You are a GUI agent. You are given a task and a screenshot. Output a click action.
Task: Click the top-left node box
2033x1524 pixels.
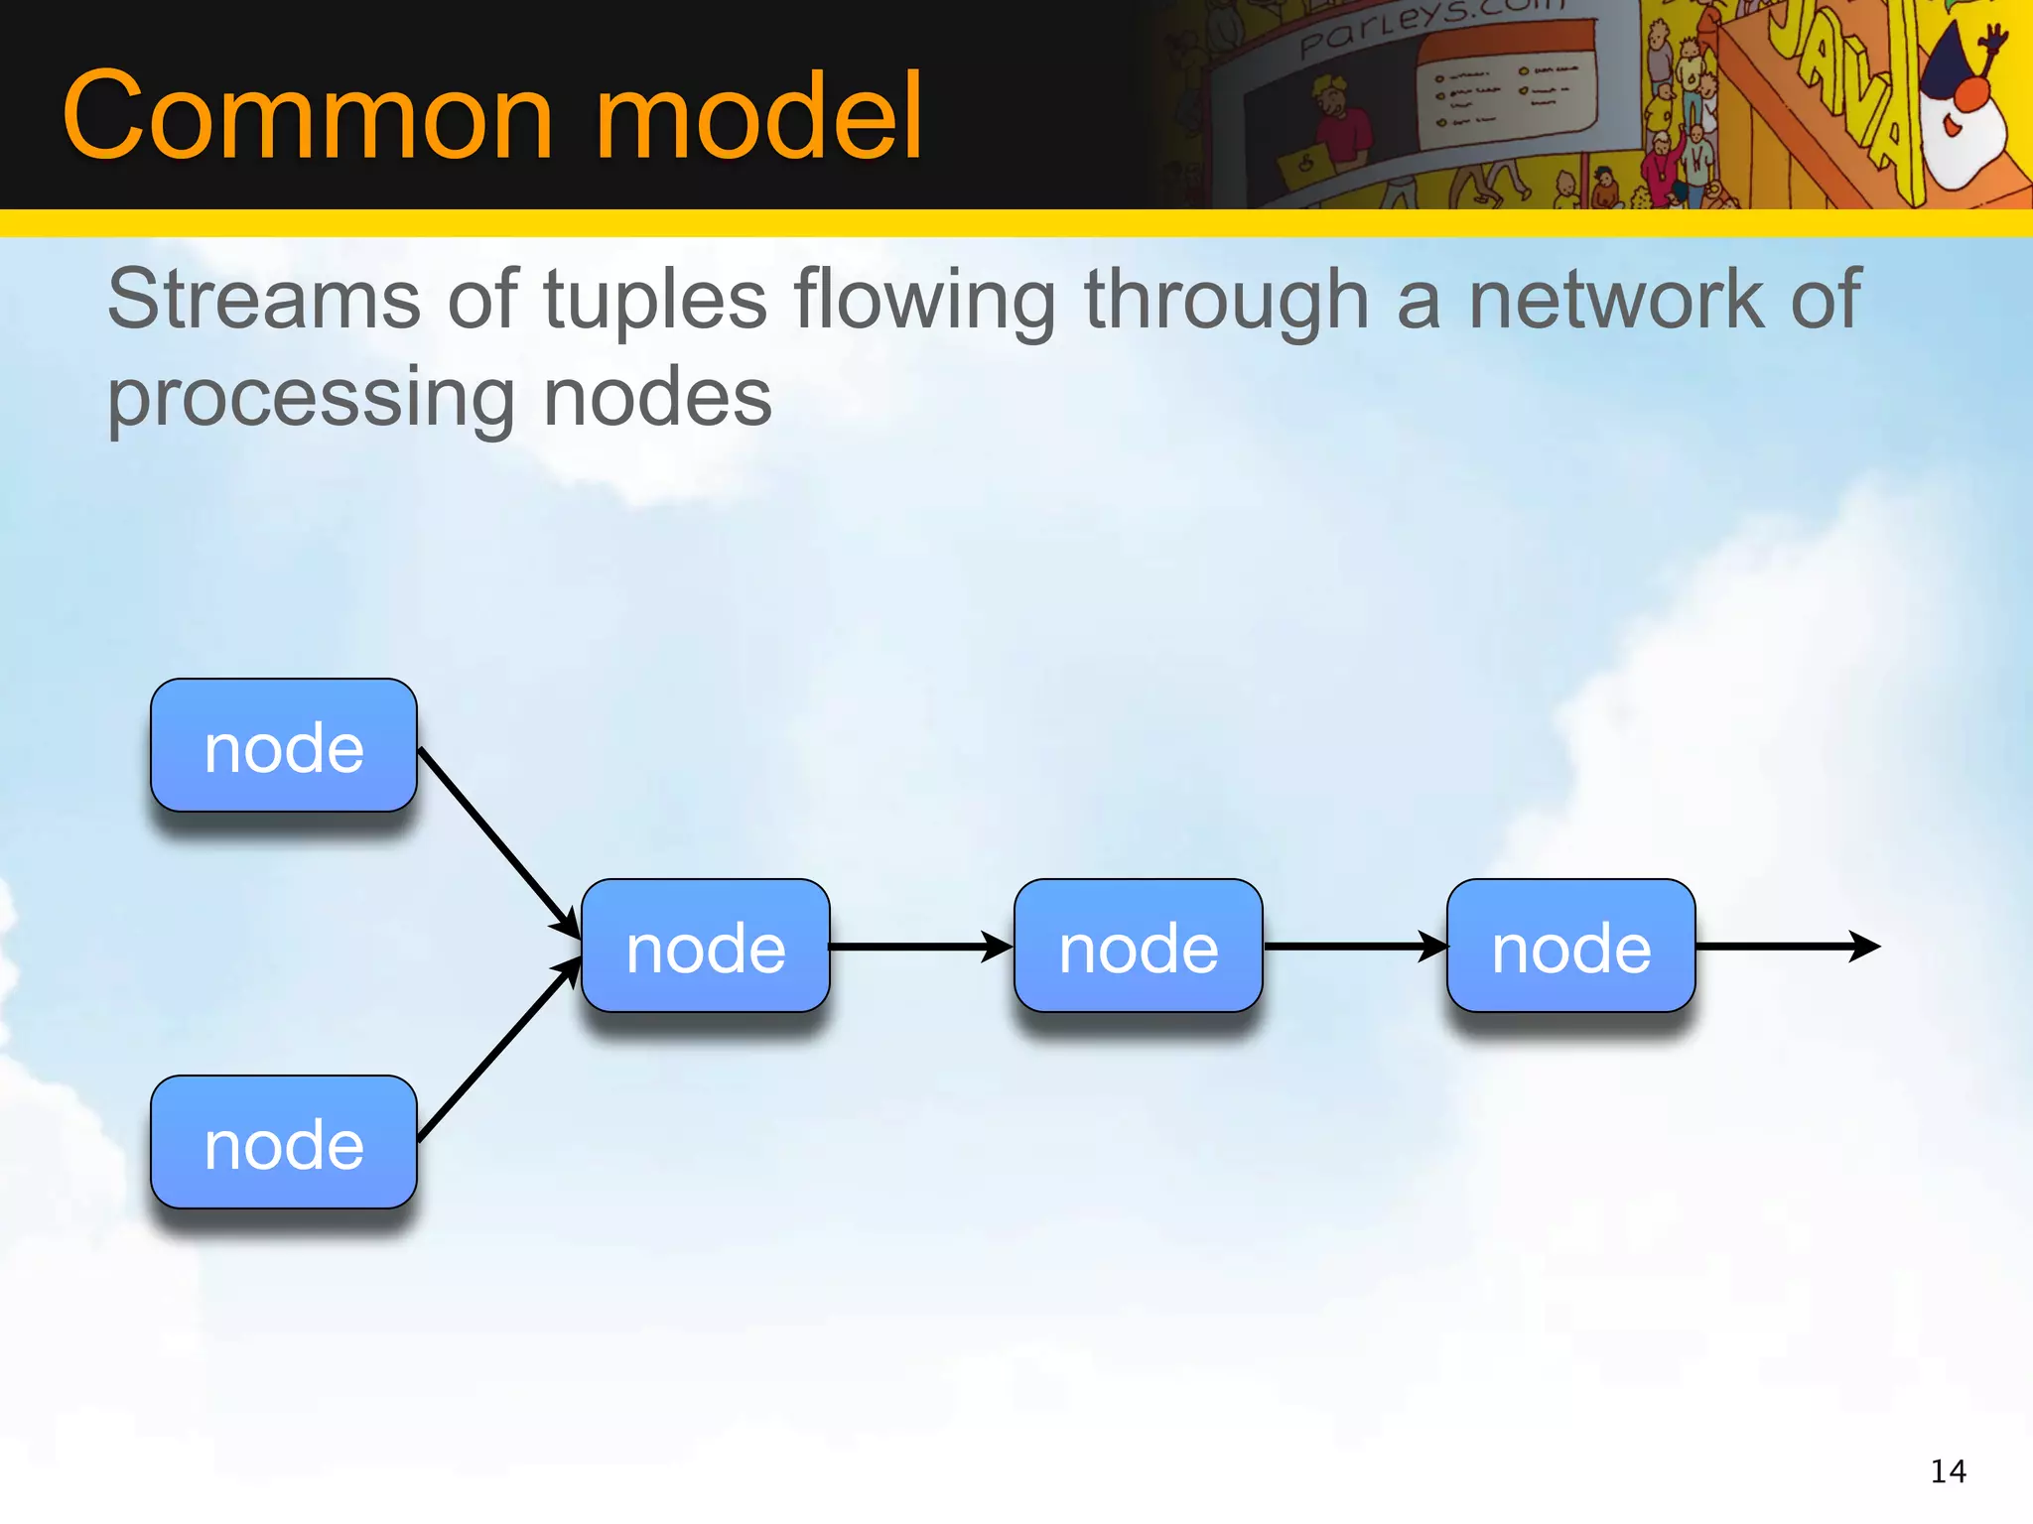pos(284,746)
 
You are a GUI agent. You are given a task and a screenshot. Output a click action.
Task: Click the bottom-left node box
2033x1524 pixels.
pos(284,1143)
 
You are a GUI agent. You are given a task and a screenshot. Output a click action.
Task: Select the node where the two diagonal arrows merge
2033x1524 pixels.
pos(706,947)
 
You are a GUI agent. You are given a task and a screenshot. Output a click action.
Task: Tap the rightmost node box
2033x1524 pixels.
pos(1571,947)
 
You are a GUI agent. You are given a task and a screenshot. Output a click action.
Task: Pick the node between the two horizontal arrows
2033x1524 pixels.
pos(1139,947)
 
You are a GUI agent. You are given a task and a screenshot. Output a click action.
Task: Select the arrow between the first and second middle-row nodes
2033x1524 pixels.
pos(918,947)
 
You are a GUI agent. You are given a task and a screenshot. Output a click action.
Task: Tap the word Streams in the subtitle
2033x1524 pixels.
pos(264,300)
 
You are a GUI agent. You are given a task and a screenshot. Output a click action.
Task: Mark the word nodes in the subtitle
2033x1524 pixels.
pos(657,397)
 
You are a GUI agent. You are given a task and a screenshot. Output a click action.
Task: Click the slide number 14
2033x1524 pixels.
pos(1948,1471)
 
